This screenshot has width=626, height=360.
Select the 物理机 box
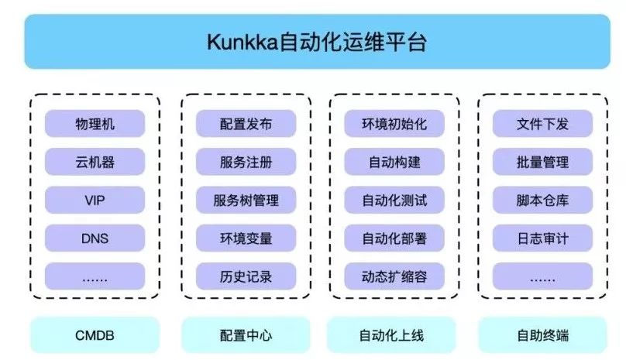(95, 124)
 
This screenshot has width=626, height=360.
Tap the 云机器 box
(95, 162)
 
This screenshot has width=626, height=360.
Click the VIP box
(95, 200)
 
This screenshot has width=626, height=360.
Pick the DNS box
(95, 238)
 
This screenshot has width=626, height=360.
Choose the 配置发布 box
(246, 124)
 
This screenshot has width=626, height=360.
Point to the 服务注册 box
(246, 162)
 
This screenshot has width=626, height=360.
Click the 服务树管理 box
(246, 200)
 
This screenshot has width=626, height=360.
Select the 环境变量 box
(246, 238)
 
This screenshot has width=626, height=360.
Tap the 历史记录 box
(246, 276)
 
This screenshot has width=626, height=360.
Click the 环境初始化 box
(394, 124)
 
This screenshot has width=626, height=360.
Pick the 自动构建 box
(394, 162)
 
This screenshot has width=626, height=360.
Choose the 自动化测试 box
(394, 200)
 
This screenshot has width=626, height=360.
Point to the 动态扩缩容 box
(394, 276)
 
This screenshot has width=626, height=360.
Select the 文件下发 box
(542, 124)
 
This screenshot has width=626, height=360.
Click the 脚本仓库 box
(542, 200)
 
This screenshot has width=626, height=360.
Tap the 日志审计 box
(542, 238)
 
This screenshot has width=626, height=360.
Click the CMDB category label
(95, 335)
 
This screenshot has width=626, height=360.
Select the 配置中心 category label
(246, 335)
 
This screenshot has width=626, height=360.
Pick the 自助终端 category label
(542, 335)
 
